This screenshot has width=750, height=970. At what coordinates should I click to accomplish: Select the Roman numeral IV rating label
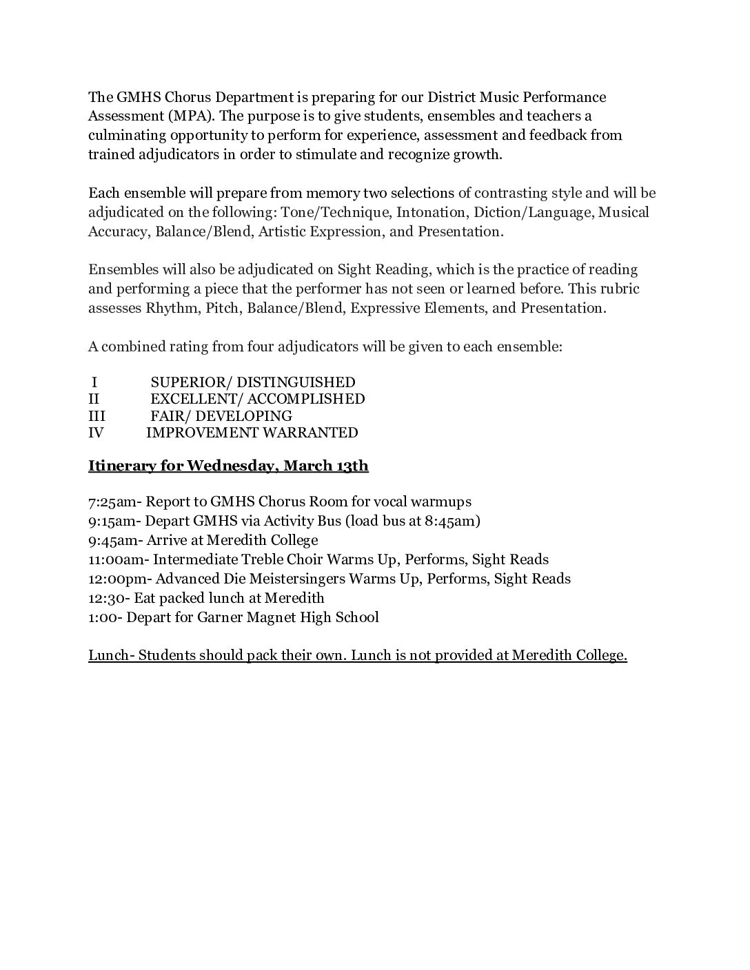97,433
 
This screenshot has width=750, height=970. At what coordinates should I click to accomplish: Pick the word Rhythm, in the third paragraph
172,308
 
